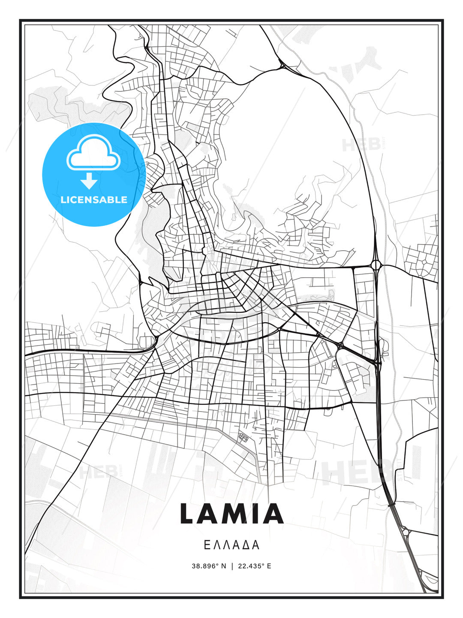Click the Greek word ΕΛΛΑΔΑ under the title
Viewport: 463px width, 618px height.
click(231, 545)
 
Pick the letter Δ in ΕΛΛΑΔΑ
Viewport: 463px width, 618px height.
click(246, 545)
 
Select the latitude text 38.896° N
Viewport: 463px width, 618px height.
click(209, 566)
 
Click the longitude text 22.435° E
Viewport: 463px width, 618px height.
click(254, 566)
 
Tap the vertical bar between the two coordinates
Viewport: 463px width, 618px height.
click(232, 566)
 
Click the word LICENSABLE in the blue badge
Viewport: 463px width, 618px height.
click(94, 200)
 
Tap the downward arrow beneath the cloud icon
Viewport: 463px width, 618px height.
click(89, 181)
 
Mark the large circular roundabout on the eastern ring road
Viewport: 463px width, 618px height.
click(376, 265)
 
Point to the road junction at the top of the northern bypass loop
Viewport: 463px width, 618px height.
click(283, 66)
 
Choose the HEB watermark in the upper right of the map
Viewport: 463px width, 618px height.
click(361, 145)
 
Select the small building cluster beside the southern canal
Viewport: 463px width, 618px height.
click(243, 437)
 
